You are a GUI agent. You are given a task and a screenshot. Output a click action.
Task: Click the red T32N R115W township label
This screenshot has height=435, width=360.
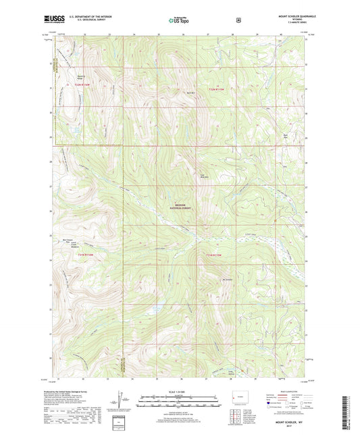[215, 89]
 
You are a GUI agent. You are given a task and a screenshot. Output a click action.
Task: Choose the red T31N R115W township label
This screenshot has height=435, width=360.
[215, 254]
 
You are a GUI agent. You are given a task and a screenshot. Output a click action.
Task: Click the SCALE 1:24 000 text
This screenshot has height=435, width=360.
[180, 392]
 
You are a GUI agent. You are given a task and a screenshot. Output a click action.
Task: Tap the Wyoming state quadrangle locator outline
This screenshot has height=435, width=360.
[239, 395]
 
